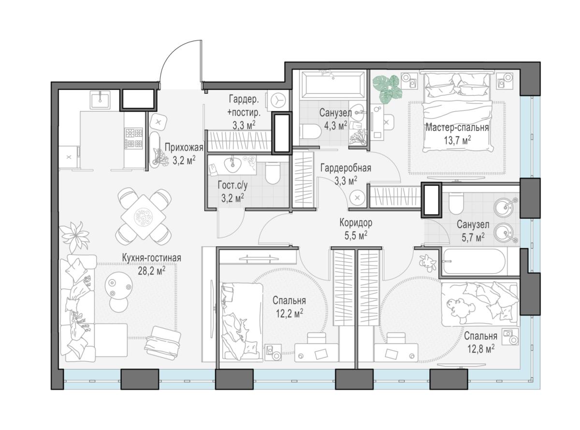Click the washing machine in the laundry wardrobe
point(278,100)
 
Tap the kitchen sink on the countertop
point(101,100)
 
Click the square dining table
point(144,217)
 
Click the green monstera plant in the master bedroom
point(388,88)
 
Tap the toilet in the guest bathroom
point(272,173)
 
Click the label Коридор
point(356,223)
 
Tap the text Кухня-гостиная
point(152,258)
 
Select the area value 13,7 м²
point(457,141)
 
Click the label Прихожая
point(184,148)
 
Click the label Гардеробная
point(346,168)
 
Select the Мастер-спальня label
point(457,128)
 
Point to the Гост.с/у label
point(232,185)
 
